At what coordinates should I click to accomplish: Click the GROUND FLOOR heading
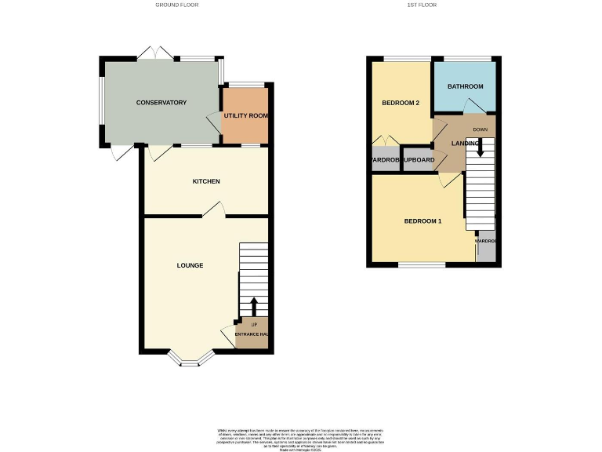(x=177, y=5)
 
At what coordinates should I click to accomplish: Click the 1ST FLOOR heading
(x=422, y=5)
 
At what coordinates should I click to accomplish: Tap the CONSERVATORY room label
(x=161, y=103)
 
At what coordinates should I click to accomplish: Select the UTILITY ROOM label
(x=246, y=116)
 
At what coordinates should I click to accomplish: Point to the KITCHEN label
(x=206, y=181)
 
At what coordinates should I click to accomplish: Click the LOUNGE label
(x=190, y=265)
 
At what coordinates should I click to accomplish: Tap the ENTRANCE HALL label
(x=252, y=335)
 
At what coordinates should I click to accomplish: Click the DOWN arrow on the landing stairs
(x=481, y=148)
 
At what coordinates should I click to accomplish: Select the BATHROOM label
(x=465, y=86)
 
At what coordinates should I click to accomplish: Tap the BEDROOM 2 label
(x=401, y=104)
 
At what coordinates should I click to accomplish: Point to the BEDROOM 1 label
(x=422, y=221)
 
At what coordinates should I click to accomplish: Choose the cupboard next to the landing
(x=418, y=160)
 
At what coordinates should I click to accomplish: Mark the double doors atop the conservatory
(x=154, y=53)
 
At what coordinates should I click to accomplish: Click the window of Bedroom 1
(x=421, y=264)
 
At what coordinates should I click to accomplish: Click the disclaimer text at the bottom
(x=300, y=438)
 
